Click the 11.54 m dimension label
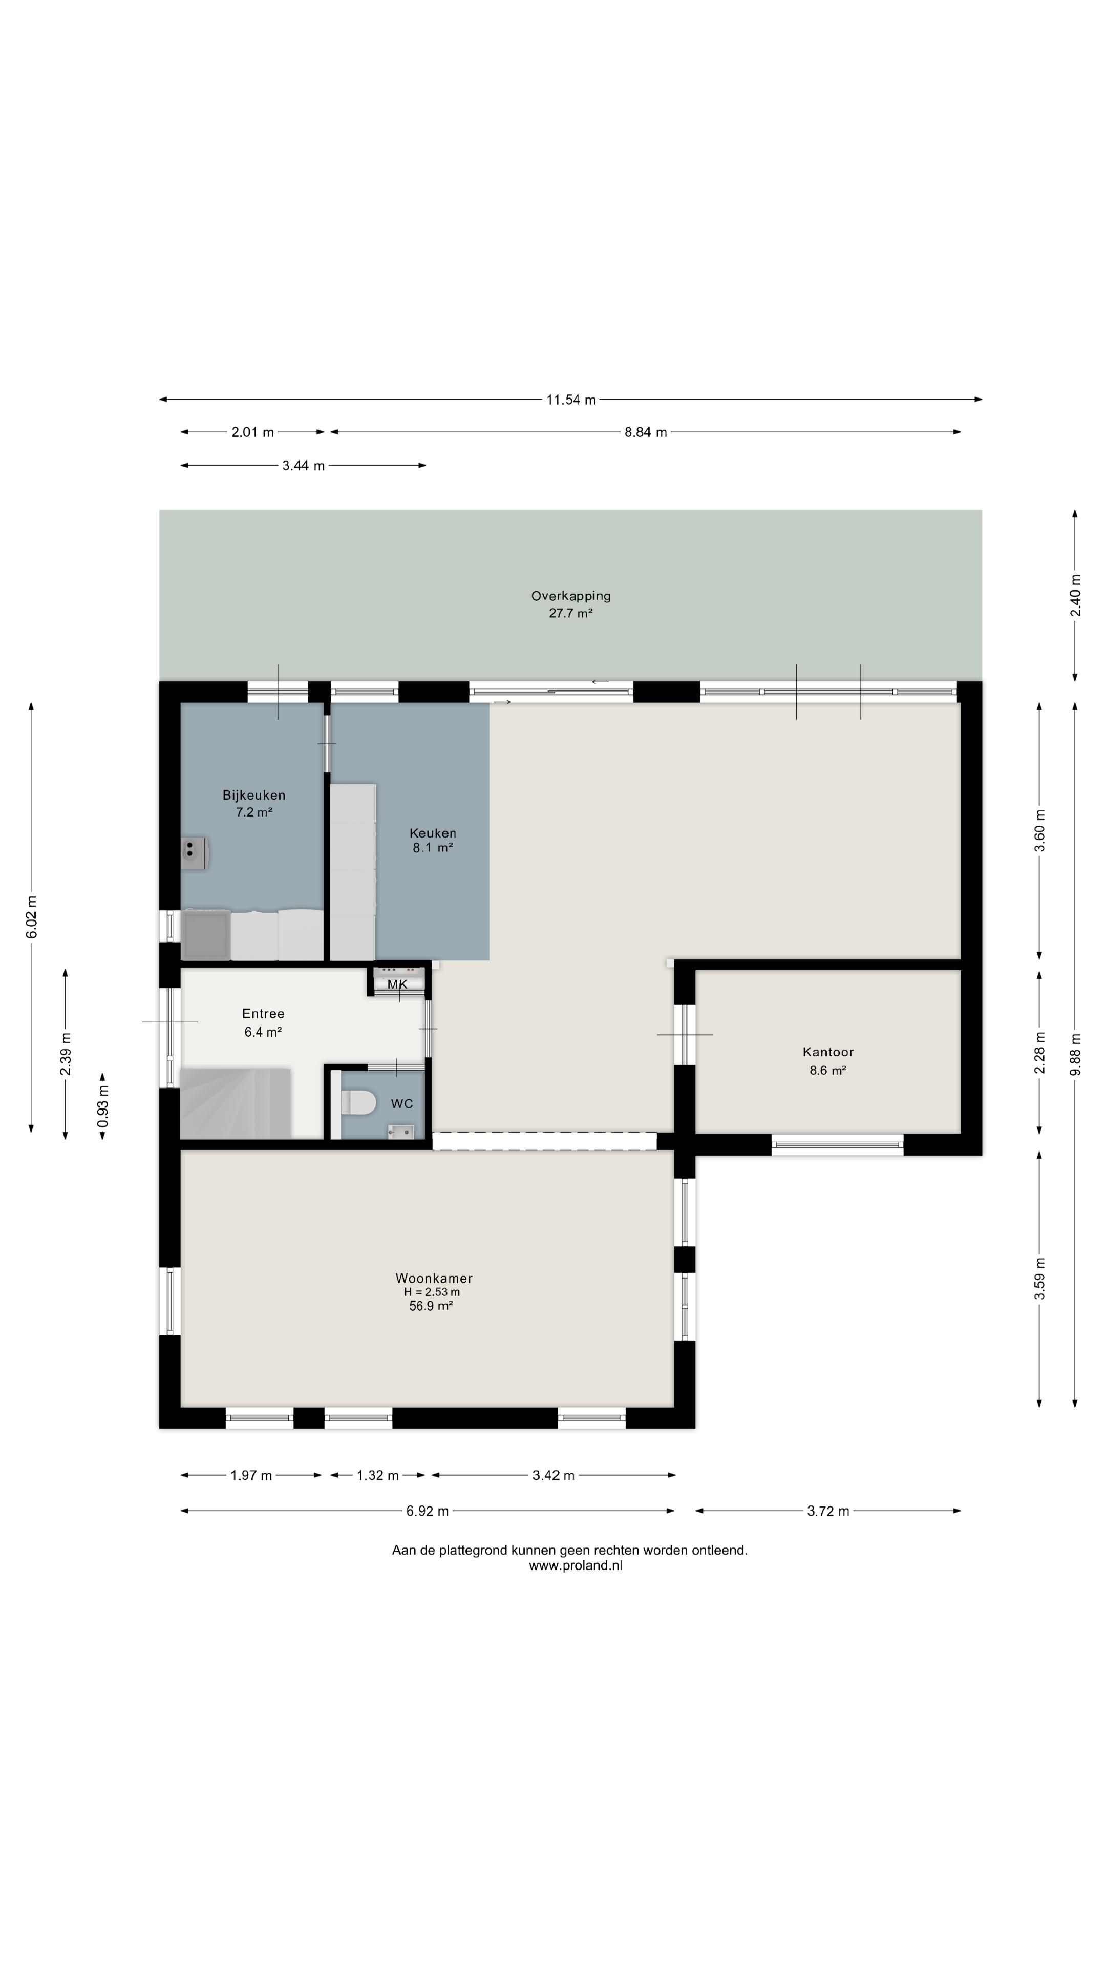pos(570,400)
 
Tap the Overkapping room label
pos(571,596)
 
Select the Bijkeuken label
pos(254,795)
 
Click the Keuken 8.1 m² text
pos(433,840)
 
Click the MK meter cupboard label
pos(397,984)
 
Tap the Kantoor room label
pos(828,1052)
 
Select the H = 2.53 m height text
pos(432,1292)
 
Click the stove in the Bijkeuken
pos(194,853)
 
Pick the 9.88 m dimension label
pos(1075,1055)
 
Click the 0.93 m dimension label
pos(103,1106)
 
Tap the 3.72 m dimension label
pos(828,1511)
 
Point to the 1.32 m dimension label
pos(378,1475)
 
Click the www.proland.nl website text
pos(576,1565)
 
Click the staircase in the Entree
pos(235,1103)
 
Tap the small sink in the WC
pos(401,1131)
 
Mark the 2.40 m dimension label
pos(1075,595)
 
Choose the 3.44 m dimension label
pos(303,466)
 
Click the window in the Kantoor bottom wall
pos(837,1144)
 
